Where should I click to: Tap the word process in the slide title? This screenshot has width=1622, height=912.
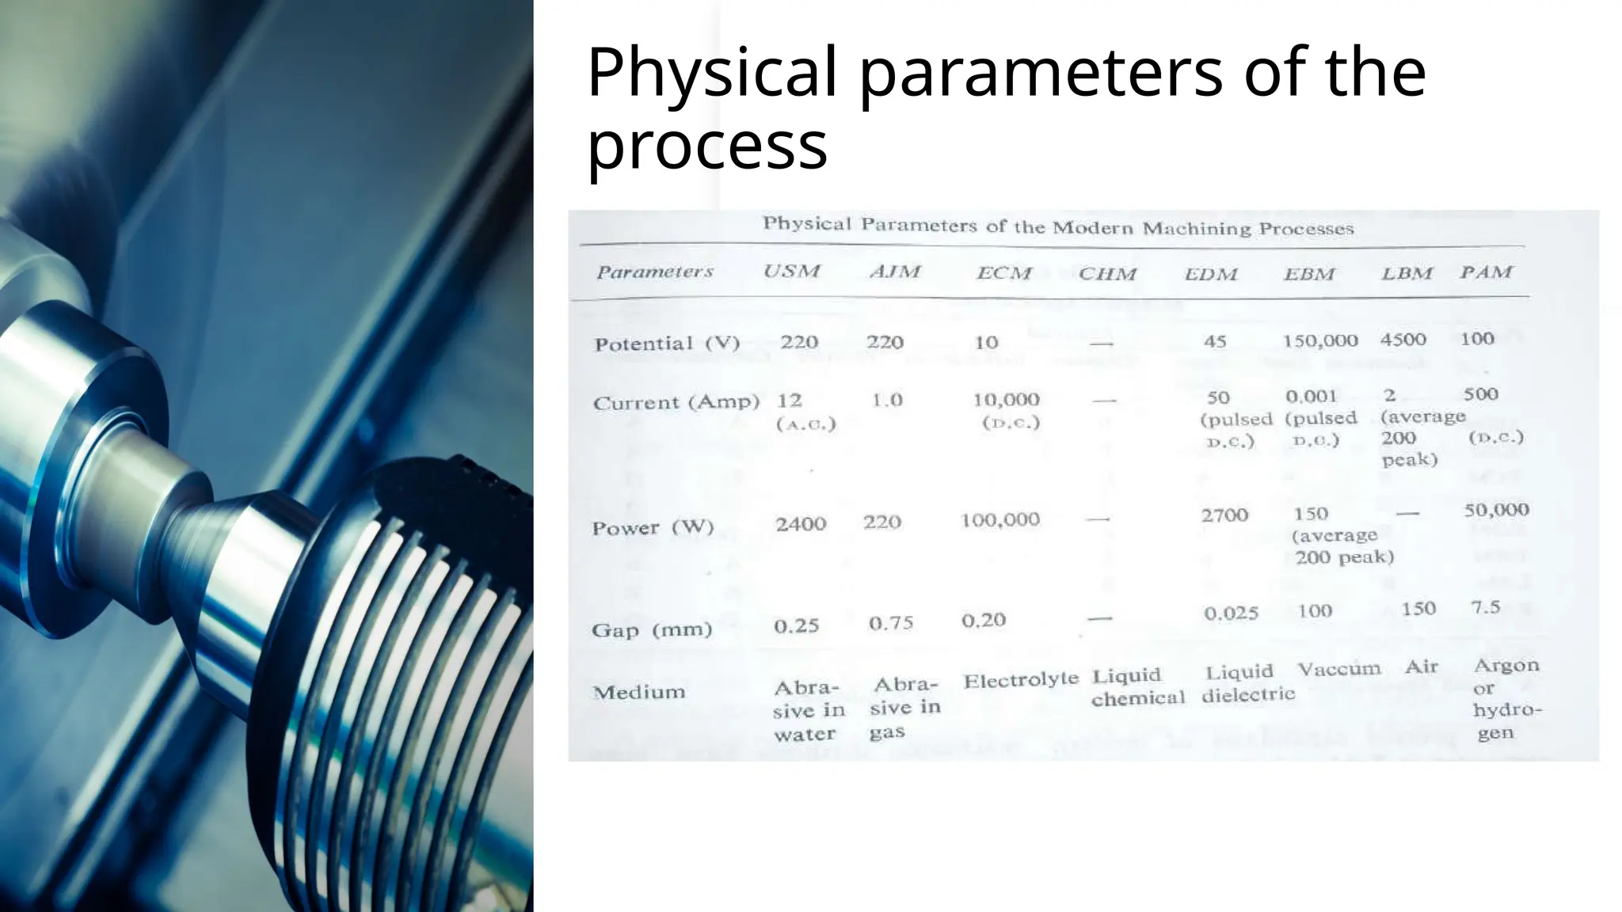coord(706,146)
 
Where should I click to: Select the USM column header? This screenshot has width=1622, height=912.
coord(791,271)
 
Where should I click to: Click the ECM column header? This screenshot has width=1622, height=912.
coord(1004,273)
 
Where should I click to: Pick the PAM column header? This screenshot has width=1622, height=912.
coord(1486,272)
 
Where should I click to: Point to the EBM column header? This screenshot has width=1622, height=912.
coord(1309,275)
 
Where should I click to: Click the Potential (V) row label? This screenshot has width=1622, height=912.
coord(667,344)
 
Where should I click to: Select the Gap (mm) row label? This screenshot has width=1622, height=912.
coord(652,630)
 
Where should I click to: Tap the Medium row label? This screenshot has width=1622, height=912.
coord(638,692)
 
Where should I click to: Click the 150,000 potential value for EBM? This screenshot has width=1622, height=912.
coord(1320,340)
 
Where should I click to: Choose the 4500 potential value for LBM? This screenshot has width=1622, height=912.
coord(1403,340)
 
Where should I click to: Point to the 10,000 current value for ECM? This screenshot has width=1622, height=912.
coord(1006,400)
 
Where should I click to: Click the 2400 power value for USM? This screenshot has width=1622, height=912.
coord(801,523)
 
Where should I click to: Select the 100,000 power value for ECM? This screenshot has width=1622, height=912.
coord(999,520)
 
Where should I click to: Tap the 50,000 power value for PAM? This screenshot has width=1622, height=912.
coord(1496,510)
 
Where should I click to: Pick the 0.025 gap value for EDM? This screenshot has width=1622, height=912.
coord(1231,614)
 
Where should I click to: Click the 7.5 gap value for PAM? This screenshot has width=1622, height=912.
coord(1485,607)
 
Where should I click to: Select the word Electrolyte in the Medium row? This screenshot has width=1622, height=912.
coord(1021,679)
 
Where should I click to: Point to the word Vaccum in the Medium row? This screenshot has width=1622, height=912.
coord(1338,670)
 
